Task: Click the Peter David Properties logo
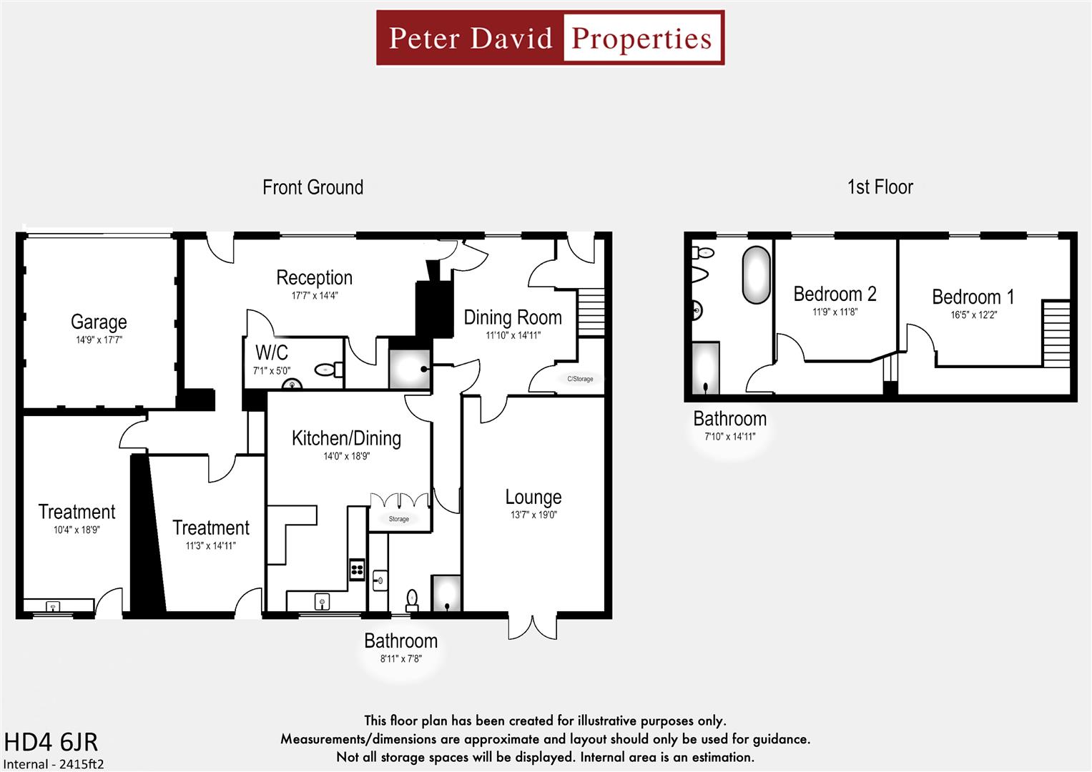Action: tap(550, 38)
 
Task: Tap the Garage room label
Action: tap(99, 322)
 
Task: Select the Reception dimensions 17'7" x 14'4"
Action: tap(315, 295)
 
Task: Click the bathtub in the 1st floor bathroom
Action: tap(757, 275)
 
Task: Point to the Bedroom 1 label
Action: tap(973, 297)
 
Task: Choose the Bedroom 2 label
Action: tap(835, 294)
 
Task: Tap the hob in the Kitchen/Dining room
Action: tap(357, 570)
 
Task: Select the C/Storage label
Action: tap(580, 379)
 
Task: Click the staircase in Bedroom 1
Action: tap(1056, 333)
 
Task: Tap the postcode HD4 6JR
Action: tap(51, 742)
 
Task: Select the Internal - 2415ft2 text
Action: tap(54, 763)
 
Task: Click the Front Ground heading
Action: tap(313, 187)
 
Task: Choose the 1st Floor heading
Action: tap(880, 187)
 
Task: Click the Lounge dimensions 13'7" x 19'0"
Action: tap(533, 515)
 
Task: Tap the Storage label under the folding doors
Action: tap(399, 519)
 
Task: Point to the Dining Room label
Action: tap(513, 317)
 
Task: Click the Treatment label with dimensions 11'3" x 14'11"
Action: tap(211, 528)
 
